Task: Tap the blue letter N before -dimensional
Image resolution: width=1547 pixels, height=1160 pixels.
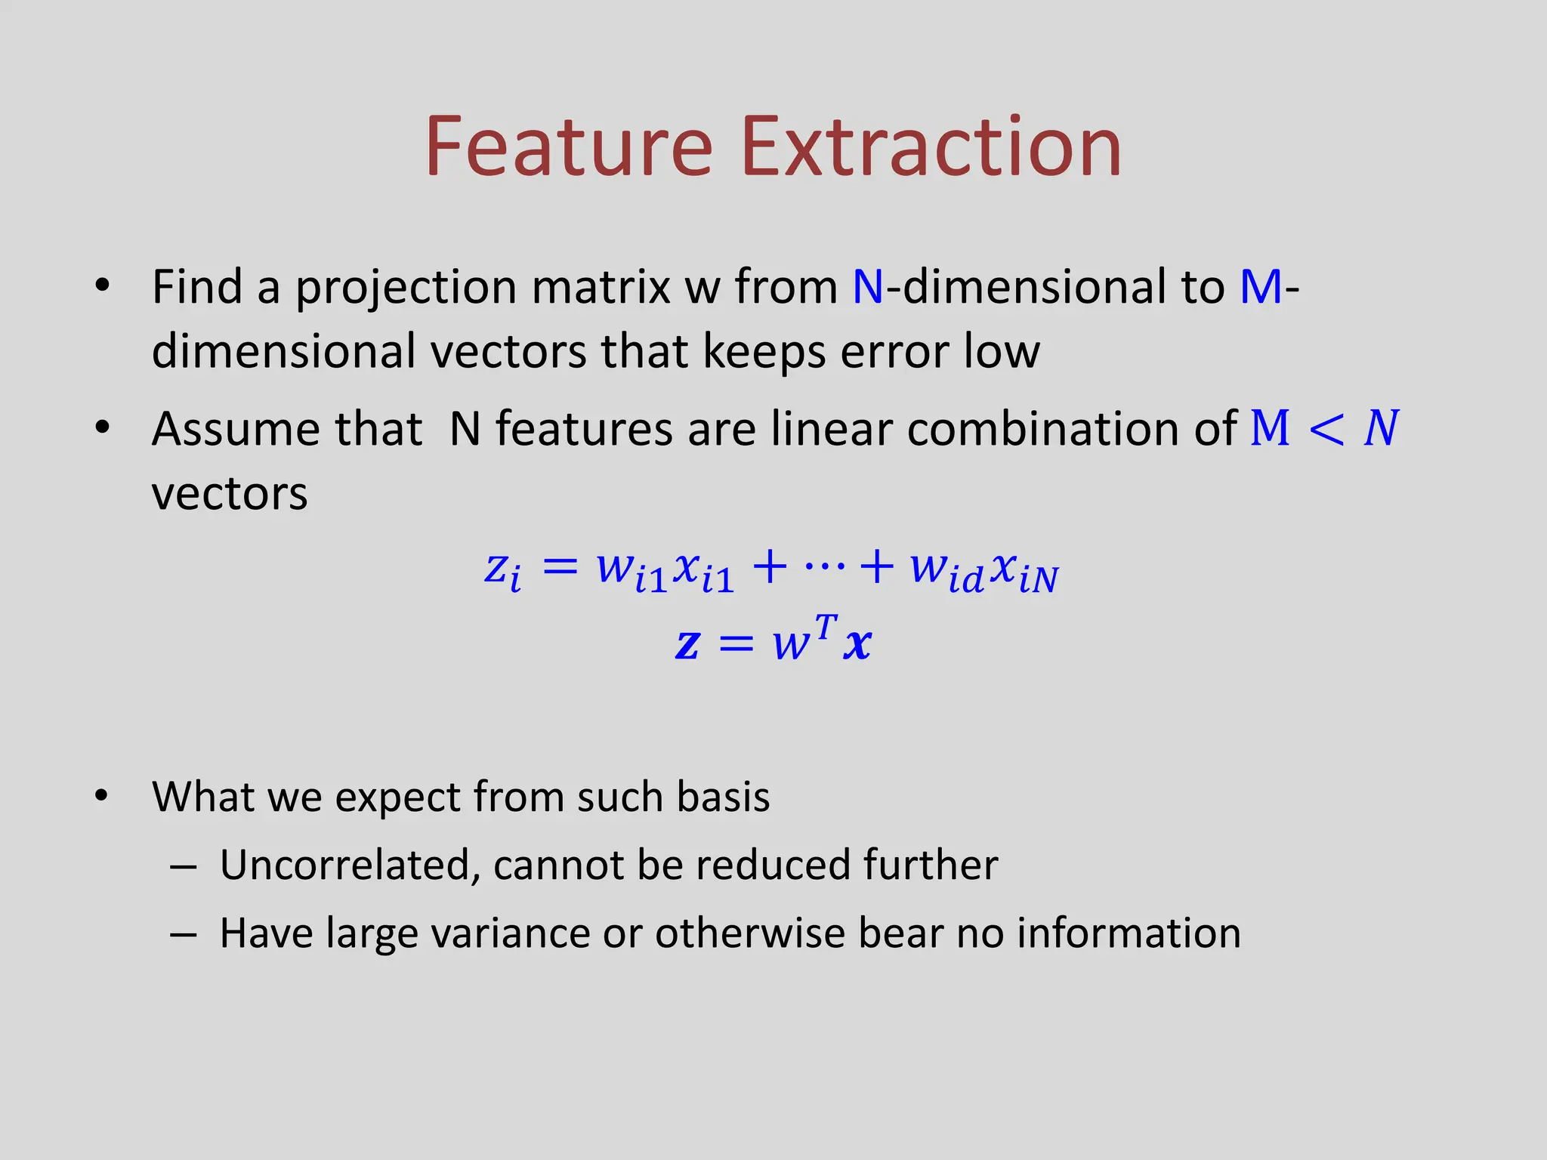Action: click(x=868, y=287)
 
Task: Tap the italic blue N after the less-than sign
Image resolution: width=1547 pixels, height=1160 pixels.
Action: click(x=1381, y=428)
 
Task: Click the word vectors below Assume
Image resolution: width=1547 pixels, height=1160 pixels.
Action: click(x=230, y=495)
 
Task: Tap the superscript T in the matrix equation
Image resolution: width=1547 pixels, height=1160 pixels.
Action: click(x=826, y=626)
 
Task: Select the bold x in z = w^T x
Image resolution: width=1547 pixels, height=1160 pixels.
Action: click(x=857, y=644)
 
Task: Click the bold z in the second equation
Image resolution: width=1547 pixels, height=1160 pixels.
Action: click(x=687, y=644)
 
